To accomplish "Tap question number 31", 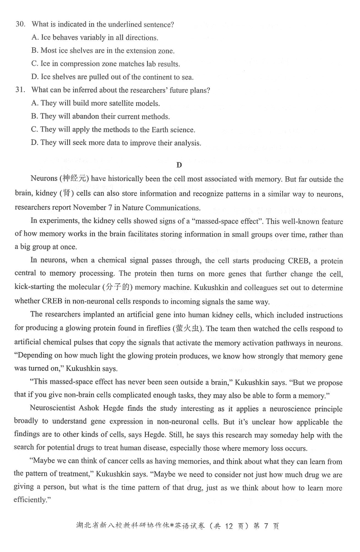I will (x=20, y=90).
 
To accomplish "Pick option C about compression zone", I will (x=106, y=64).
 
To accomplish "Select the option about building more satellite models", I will (x=95, y=103).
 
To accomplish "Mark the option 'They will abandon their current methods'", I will (x=100, y=117).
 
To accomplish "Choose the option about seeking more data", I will (x=116, y=143).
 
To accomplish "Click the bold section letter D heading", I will (x=179, y=165).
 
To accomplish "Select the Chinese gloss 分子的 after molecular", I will (x=117, y=287).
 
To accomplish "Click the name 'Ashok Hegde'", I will (x=108, y=409).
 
